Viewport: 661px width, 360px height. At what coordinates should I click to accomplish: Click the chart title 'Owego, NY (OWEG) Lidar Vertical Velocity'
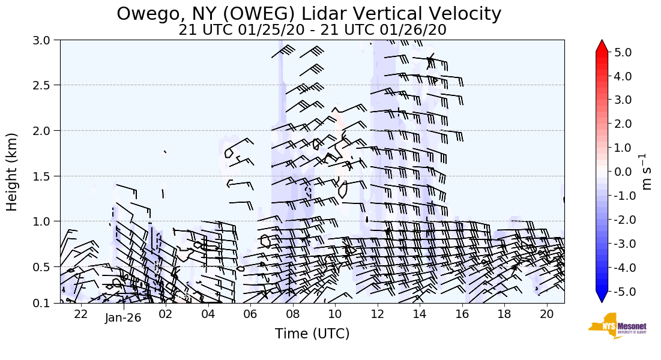pos(309,14)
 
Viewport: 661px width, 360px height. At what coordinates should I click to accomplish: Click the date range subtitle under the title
pos(312,30)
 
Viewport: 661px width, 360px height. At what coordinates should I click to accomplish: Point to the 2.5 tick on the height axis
pos(47,85)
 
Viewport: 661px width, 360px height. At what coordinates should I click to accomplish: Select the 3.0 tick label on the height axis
pos(47,40)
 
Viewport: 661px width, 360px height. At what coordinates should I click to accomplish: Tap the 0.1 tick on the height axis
pos(47,303)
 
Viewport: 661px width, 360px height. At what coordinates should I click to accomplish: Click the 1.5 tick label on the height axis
pos(47,176)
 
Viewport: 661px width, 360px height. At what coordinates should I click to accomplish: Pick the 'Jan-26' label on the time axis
pos(123,317)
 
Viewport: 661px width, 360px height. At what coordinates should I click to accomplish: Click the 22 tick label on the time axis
pos(81,314)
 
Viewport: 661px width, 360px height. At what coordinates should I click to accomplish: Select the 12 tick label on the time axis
pos(377,314)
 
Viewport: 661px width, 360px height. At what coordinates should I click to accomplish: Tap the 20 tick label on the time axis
pos(546,314)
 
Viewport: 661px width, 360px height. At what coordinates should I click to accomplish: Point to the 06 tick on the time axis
pos(250,314)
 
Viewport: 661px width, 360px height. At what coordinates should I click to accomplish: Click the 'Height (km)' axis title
pos(13,172)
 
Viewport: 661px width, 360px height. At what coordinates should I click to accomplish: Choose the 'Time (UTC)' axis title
pos(312,334)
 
